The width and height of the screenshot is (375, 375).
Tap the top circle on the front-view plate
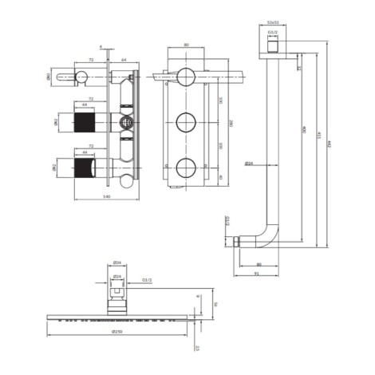pyautogui.click(x=186, y=77)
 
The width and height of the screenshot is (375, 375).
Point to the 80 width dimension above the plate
pyautogui.click(x=186, y=46)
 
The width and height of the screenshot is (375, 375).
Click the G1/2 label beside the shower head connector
pyautogui.click(x=147, y=280)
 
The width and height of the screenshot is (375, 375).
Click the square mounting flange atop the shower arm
pyautogui.click(x=273, y=45)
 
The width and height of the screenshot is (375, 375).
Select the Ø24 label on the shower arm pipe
pyautogui.click(x=249, y=164)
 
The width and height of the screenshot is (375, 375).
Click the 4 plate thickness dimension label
pyautogui.click(x=101, y=47)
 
